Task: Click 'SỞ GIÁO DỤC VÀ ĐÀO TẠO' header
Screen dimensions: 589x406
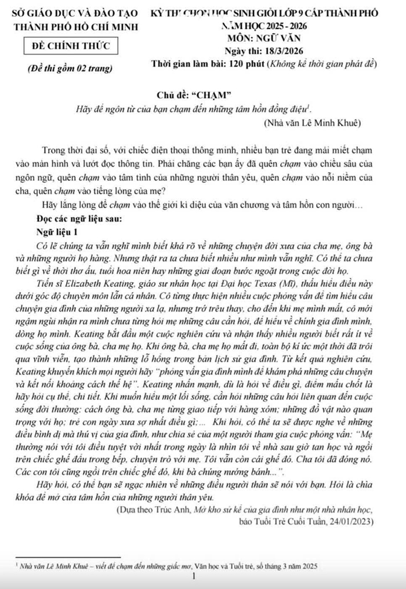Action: (70, 14)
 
